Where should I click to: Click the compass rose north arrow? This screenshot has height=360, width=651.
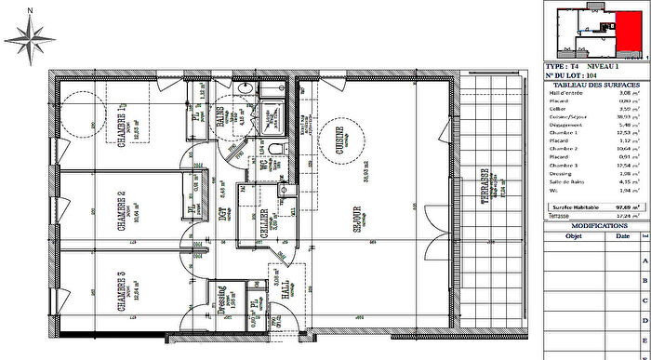[x=31, y=39]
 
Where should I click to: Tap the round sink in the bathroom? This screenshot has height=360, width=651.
[x=246, y=89]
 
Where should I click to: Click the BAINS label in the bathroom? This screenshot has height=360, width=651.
[x=222, y=116]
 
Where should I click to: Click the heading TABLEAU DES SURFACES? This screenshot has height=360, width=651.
[x=590, y=85]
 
